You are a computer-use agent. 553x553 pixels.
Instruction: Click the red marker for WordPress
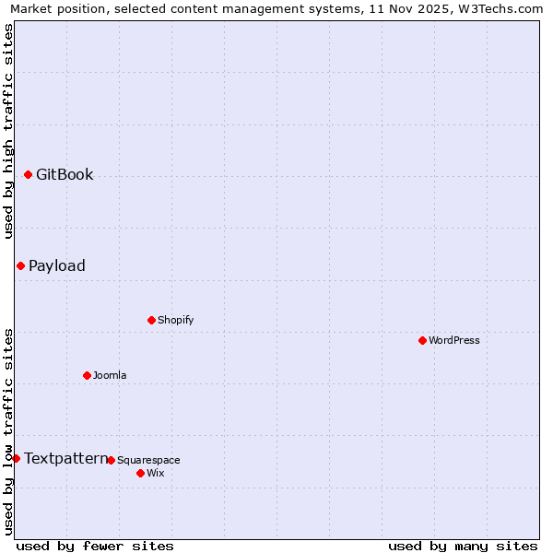[422, 340]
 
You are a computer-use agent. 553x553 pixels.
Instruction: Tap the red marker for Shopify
[151, 320]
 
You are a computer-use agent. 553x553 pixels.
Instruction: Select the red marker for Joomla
[87, 375]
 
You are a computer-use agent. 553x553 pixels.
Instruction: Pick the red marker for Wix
[140, 473]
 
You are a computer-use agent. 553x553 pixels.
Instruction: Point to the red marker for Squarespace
[111, 460]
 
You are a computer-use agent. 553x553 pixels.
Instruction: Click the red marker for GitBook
[28, 175]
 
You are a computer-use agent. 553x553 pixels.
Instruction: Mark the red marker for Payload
[20, 265]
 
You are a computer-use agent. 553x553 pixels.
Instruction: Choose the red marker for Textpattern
[16, 458]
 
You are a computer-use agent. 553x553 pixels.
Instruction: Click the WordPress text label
[454, 340]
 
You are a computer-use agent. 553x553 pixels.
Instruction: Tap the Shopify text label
[175, 320]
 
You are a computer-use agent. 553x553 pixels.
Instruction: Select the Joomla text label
[110, 375]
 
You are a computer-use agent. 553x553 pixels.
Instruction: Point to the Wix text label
[155, 473]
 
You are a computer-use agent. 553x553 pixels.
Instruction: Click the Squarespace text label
[148, 460]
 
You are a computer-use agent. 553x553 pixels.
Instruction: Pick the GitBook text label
[65, 175]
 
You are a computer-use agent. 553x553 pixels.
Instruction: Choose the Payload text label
[57, 265]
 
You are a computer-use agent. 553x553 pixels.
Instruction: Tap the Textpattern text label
[66, 458]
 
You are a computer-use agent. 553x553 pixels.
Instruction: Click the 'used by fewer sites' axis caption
[95, 546]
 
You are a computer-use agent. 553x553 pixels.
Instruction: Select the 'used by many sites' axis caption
[463, 546]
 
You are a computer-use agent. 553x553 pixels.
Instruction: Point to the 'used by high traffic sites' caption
[8, 131]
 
